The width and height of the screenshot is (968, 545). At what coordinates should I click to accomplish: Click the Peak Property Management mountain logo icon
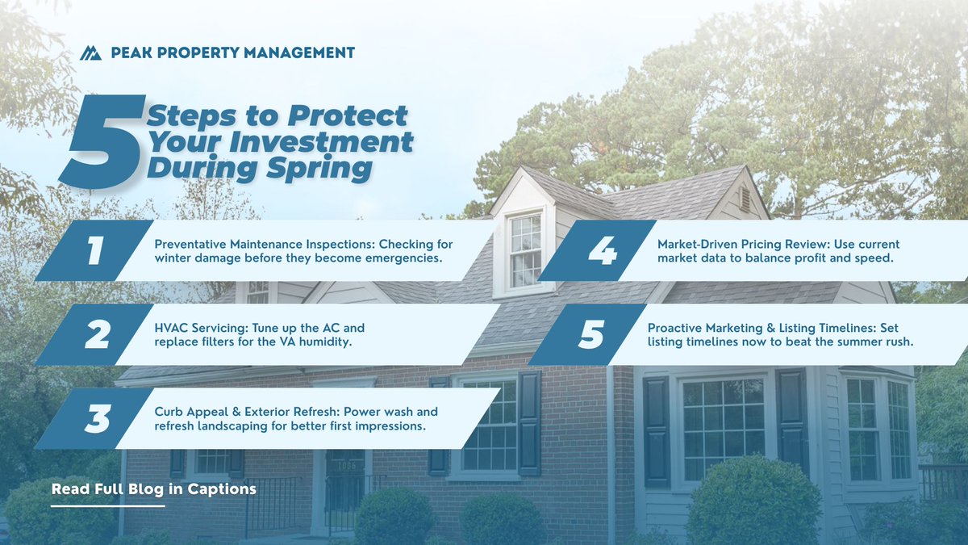pyautogui.click(x=90, y=53)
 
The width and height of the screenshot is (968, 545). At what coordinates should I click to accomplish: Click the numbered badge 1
pyautogui.click(x=94, y=250)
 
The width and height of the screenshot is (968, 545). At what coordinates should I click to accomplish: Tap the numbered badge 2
pyautogui.click(x=96, y=334)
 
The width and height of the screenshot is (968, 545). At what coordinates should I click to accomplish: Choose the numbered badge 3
pyautogui.click(x=96, y=418)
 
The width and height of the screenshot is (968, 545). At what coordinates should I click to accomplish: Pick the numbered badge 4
pyautogui.click(x=600, y=250)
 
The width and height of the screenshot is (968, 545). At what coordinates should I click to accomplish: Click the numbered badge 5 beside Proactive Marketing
pyautogui.click(x=590, y=334)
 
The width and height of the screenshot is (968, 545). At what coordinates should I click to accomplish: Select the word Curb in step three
pyautogui.click(x=169, y=412)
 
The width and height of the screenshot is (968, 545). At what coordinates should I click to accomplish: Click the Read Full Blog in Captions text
pyautogui.click(x=153, y=489)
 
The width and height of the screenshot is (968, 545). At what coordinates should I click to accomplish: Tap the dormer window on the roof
pyautogui.click(x=525, y=250)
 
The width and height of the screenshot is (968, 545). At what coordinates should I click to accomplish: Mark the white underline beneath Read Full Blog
pyautogui.click(x=107, y=506)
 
